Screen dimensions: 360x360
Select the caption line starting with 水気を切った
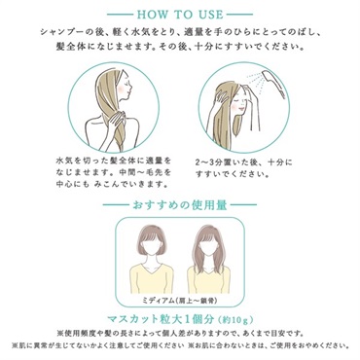tap(93, 156)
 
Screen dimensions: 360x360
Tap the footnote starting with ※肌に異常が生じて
tap(93, 346)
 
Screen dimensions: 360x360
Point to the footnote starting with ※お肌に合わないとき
tap(269, 346)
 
